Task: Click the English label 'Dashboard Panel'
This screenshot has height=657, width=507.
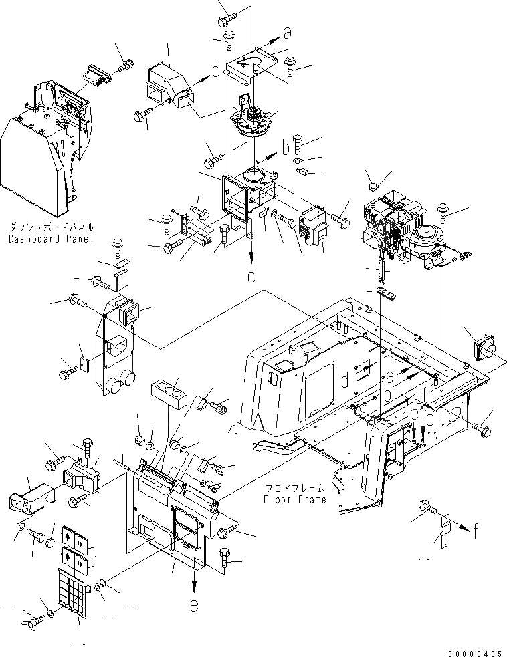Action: click(x=50, y=239)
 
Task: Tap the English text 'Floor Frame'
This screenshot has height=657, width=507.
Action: click(x=294, y=499)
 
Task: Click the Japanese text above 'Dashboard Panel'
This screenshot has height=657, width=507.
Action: click(x=50, y=227)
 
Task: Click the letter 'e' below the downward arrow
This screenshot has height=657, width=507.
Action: click(x=194, y=606)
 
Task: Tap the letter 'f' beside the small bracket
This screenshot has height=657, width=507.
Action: click(x=475, y=531)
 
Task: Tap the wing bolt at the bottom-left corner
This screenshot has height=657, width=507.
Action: click(x=31, y=618)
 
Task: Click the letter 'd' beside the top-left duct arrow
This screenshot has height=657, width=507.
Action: click(x=216, y=70)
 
